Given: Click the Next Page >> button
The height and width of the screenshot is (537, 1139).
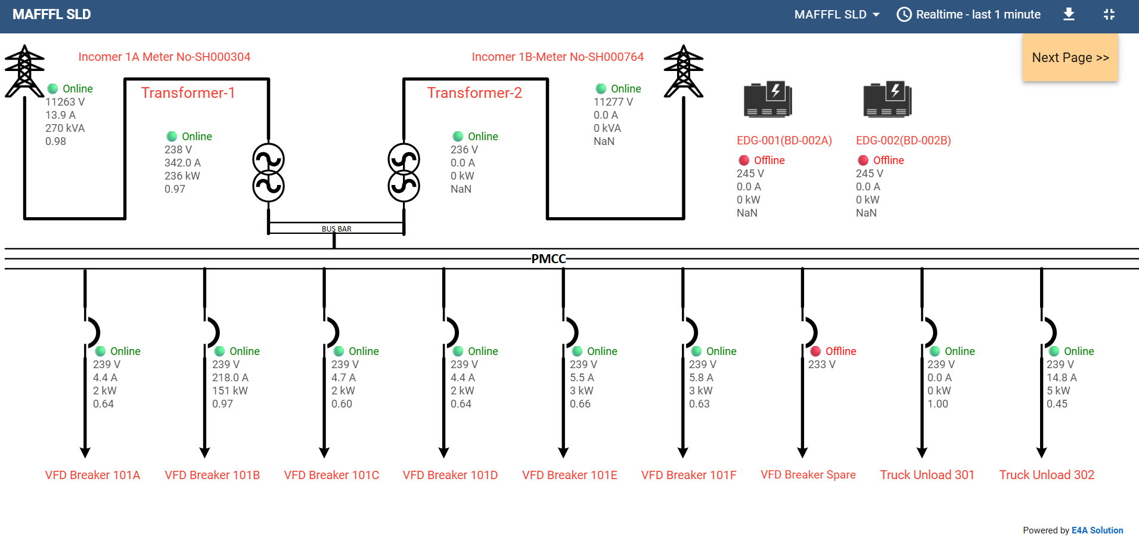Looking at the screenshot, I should (x=1070, y=57).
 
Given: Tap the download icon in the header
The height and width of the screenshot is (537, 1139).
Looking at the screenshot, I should (x=1069, y=14).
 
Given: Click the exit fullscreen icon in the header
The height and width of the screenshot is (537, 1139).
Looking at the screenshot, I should (x=1109, y=14).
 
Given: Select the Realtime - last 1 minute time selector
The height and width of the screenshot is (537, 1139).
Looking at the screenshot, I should (x=969, y=14).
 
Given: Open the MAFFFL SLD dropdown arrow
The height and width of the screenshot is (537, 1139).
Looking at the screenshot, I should (x=876, y=14).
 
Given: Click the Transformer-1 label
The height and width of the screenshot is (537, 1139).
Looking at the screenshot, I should (x=188, y=92).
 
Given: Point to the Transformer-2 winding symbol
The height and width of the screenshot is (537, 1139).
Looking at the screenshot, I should (x=404, y=172).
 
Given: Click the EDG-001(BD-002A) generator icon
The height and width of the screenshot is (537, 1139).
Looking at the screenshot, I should (x=768, y=99).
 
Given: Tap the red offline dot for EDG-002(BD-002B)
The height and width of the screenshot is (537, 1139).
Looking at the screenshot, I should (x=863, y=160).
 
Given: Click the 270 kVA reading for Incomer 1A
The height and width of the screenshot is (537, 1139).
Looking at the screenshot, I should (x=65, y=128).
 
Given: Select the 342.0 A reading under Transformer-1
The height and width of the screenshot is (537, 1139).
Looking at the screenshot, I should (x=182, y=163).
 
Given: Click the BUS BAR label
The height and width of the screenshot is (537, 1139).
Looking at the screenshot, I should (x=337, y=229).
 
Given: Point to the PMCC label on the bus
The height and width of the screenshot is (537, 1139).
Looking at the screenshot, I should (x=548, y=258).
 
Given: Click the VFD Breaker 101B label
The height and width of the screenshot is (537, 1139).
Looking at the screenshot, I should (x=212, y=475).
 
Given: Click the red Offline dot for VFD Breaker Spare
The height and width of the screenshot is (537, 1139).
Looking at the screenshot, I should (x=815, y=351).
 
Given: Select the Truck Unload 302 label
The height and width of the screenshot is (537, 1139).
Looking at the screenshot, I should (x=1047, y=475).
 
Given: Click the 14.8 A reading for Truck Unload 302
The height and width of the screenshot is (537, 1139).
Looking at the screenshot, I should (x=1062, y=378).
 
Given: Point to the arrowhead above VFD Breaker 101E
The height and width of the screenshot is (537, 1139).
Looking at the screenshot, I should (x=563, y=452).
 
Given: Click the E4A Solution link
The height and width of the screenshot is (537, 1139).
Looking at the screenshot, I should (x=1097, y=530).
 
